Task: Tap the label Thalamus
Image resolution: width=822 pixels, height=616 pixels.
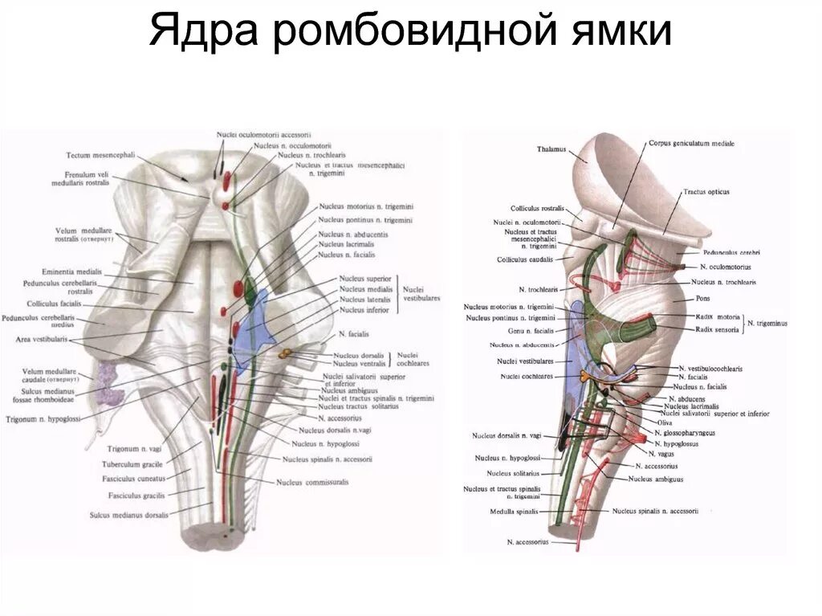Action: click(552, 149)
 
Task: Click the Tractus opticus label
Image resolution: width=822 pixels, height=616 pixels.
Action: click(707, 193)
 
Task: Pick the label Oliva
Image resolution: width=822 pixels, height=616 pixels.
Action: click(664, 422)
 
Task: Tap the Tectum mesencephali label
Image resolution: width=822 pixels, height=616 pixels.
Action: click(95, 155)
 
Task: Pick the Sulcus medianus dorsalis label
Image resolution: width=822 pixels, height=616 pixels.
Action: click(129, 515)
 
